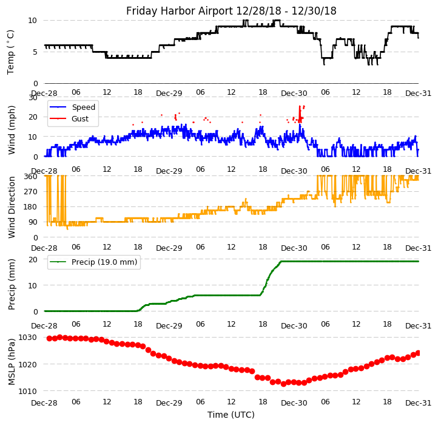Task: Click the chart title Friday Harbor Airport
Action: pyautogui.click(x=231, y=11)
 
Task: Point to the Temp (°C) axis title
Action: pyautogui.click(x=11, y=52)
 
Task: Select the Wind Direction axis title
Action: pyautogui.click(x=11, y=207)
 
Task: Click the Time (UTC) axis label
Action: pyautogui.click(x=231, y=415)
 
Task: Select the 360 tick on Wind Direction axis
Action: pyautogui.click(x=31, y=176)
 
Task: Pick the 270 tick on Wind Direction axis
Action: pyautogui.click(x=31, y=192)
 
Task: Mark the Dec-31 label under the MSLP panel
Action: pyautogui.click(x=419, y=403)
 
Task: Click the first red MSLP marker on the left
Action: pyautogui.click(x=49, y=338)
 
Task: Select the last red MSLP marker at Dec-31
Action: pyautogui.click(x=418, y=353)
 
